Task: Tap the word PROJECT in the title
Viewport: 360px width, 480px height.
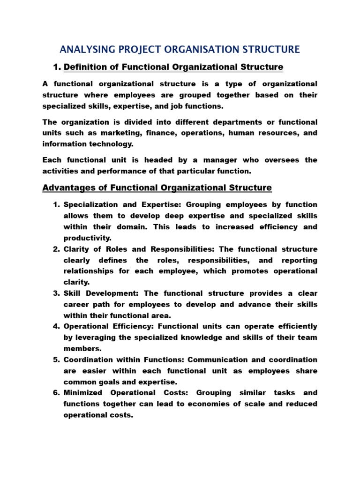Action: pyautogui.click(x=138, y=49)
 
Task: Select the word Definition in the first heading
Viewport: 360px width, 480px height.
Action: pyautogui.click(x=84, y=67)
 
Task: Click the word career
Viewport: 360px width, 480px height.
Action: pyautogui.click(x=76, y=305)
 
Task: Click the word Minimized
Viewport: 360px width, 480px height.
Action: pyautogui.click(x=83, y=393)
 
